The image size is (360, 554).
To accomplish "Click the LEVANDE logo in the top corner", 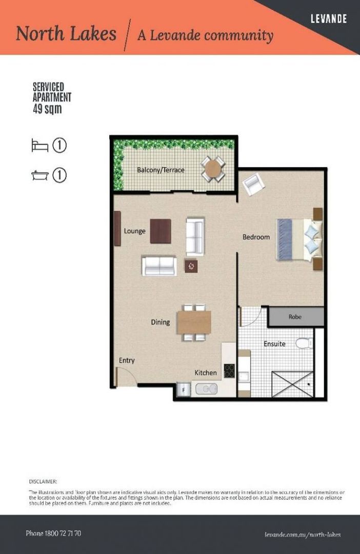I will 328,19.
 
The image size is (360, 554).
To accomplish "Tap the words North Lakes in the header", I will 66,34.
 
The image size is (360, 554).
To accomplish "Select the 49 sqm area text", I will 47,109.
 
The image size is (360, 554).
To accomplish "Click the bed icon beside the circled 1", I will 39,146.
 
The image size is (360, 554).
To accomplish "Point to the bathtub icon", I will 39,176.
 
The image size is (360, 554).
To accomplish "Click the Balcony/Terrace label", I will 161,170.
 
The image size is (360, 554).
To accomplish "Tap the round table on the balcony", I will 212,168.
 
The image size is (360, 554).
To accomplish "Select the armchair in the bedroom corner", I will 253,184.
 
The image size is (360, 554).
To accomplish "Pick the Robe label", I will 295,317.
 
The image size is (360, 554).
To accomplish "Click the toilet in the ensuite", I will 305,343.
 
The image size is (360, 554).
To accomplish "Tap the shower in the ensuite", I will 292,384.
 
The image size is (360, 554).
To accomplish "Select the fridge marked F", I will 183,389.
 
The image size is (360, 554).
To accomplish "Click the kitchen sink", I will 206,389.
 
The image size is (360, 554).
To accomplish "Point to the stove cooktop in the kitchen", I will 229,370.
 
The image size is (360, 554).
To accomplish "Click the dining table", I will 194,323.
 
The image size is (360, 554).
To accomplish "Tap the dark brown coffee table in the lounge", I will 161,231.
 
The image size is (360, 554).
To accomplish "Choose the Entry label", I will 127,361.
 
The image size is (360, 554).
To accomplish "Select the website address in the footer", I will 303,535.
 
